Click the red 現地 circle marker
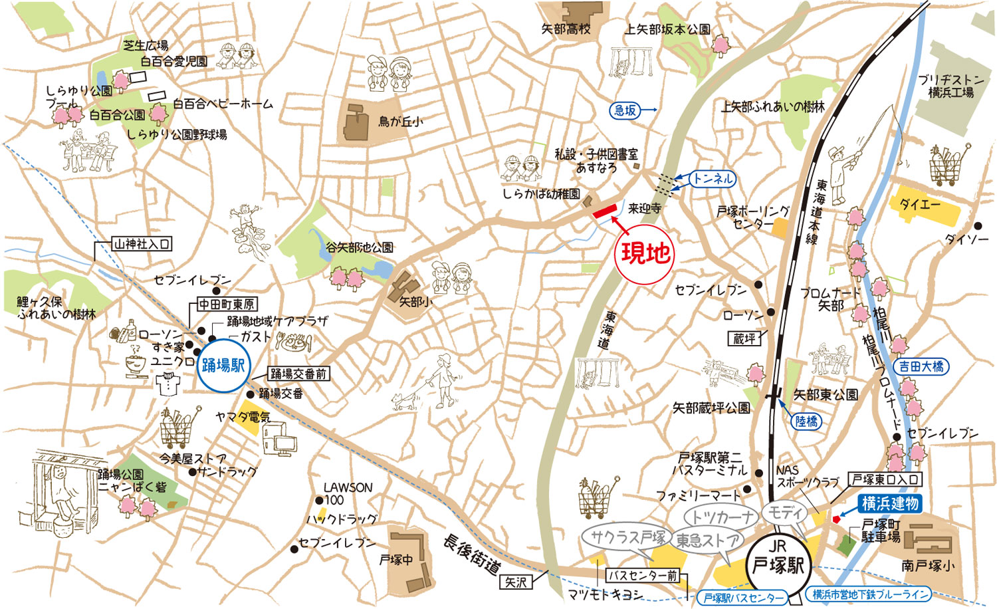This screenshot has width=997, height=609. [644, 253]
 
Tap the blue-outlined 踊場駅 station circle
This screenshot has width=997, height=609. [223, 366]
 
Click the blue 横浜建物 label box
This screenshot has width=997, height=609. [889, 504]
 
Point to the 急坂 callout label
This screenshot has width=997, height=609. [625, 110]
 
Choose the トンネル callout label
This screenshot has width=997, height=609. [712, 179]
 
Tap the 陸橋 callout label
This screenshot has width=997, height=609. [806, 422]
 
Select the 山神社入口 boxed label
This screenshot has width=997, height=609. [142, 244]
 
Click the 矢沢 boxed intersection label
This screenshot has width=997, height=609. [516, 582]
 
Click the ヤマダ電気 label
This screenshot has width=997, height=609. [243, 417]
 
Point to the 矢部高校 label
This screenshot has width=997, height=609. [565, 29]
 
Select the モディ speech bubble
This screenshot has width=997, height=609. [786, 513]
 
